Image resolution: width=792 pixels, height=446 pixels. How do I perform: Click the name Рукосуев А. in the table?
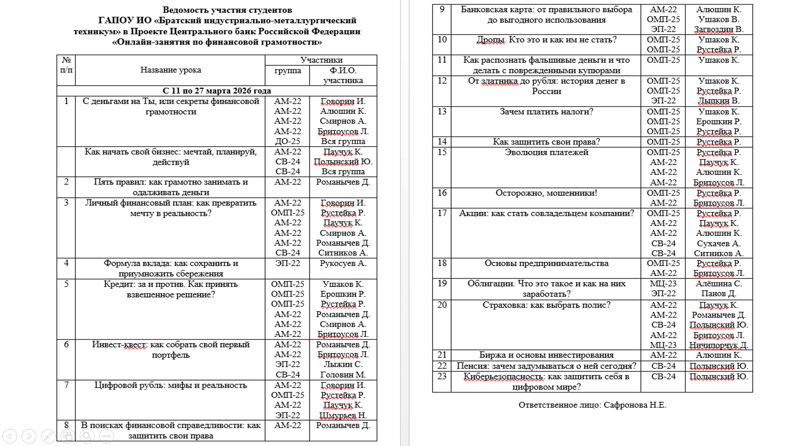[343, 263]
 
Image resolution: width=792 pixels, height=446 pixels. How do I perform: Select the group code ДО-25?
[288, 141]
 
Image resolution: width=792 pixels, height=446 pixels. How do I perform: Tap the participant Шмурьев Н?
[343, 415]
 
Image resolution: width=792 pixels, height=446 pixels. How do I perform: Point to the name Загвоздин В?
[719, 29]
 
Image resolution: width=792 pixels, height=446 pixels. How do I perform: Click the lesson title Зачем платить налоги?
[546, 111]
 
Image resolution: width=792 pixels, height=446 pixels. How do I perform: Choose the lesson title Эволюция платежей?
[546, 152]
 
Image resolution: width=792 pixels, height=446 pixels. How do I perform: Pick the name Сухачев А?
[719, 244]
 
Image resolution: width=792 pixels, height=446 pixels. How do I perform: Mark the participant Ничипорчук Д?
[719, 345]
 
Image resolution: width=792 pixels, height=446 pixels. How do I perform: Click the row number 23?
[442, 377]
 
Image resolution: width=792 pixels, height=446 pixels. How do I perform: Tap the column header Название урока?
[170, 70]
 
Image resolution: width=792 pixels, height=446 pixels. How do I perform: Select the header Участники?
[321, 60]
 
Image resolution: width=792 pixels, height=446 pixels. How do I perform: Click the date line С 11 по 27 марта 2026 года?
[217, 91]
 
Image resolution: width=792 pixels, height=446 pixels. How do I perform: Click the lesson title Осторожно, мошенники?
[546, 193]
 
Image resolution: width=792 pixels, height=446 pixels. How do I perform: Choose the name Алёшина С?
[719, 284]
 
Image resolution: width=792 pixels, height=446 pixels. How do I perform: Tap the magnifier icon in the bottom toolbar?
[87, 436]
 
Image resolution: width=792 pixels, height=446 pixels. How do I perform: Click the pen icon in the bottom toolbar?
[48, 436]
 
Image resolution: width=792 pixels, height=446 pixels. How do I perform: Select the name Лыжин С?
[343, 365]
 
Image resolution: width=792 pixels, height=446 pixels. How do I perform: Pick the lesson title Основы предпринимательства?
[546, 263]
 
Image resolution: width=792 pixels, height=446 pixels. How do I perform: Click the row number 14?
[442, 142]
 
